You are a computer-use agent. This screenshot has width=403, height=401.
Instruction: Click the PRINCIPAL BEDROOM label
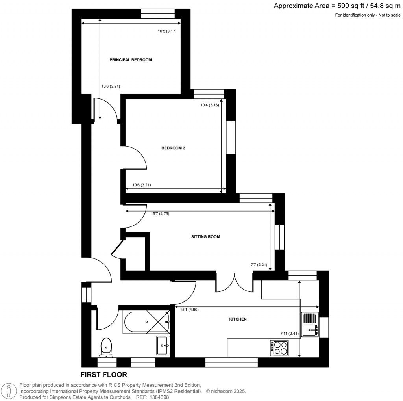click(x=130, y=60)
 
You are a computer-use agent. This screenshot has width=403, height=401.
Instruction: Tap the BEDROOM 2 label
click(x=173, y=149)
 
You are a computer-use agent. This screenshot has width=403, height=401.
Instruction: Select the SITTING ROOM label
click(x=205, y=237)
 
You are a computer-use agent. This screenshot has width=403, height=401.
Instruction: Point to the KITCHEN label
click(x=238, y=319)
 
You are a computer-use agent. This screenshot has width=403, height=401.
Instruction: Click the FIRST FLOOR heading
click(x=104, y=374)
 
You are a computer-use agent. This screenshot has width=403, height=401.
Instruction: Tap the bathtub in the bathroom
click(x=146, y=321)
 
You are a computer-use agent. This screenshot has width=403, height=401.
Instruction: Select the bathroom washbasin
click(x=163, y=345)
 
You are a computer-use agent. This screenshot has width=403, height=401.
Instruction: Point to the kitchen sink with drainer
click(x=310, y=324)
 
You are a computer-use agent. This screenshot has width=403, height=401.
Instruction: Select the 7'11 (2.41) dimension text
click(x=289, y=334)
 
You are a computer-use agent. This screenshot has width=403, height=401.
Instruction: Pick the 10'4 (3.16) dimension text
click(x=210, y=105)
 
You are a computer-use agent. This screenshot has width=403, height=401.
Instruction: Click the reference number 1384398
click(x=157, y=397)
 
